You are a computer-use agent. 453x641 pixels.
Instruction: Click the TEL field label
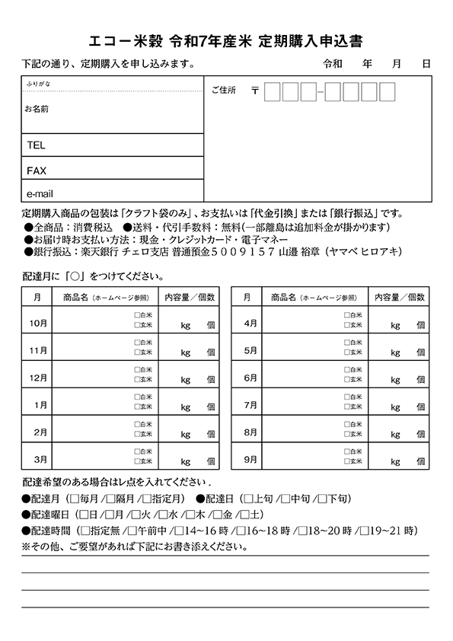[36, 145]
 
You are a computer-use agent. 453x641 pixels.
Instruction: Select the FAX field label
[37, 170]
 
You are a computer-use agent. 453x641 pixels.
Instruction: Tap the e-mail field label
[39, 193]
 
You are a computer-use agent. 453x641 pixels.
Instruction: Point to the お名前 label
[37, 110]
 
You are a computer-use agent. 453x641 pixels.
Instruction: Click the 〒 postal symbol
[254, 91]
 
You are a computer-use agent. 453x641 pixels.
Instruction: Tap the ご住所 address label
[224, 91]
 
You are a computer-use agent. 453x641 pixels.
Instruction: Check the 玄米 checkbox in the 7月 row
[346, 407]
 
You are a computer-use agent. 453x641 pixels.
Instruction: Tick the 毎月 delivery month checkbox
[74, 499]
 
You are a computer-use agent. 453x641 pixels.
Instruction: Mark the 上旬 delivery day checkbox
[248, 499]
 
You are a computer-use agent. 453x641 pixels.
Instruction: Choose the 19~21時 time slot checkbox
[365, 531]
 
